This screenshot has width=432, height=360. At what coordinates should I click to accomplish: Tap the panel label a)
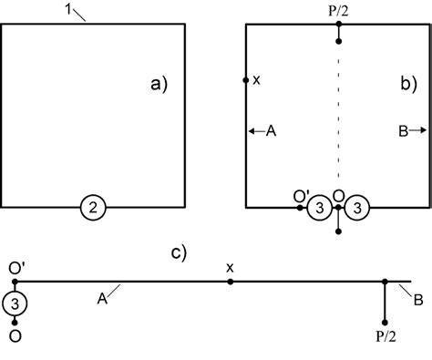coord(160,85)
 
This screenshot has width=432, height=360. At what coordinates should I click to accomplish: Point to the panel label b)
coord(408,85)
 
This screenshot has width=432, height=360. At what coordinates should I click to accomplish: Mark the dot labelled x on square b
coord(246,80)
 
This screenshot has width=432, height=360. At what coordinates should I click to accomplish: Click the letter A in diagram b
coord(270,132)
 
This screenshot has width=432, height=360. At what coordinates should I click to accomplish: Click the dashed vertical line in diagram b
coord(338,118)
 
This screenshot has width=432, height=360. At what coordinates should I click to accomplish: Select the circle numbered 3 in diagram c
coord(15,302)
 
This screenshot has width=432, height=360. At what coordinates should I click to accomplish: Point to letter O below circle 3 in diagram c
coord(15,335)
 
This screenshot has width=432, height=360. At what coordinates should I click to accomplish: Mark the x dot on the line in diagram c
coord(231,283)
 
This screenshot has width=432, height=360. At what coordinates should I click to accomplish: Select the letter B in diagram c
coord(417,298)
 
